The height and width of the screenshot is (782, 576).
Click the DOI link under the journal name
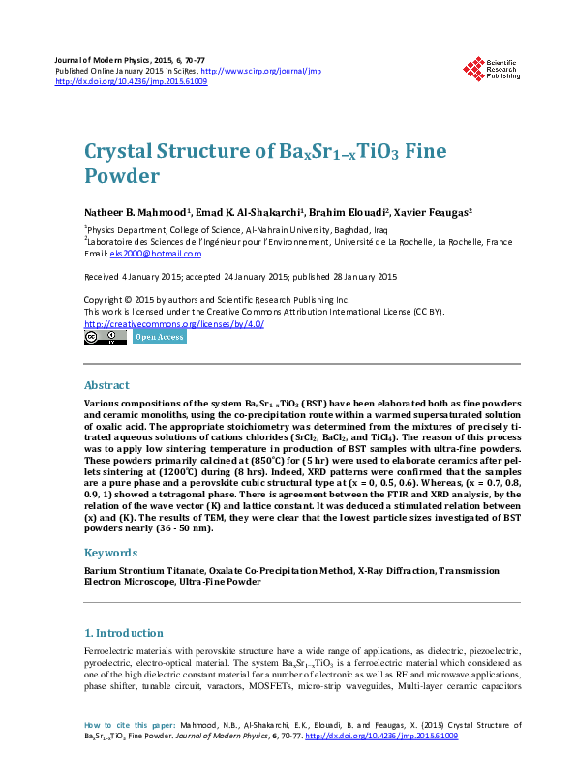[131, 81]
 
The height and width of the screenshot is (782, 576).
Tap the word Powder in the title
[120, 177]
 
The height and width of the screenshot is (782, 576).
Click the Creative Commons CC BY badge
[106, 338]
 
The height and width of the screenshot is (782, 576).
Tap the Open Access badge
[159, 338]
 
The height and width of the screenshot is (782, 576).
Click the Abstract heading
[106, 384]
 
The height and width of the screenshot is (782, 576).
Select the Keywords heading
[110, 553]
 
